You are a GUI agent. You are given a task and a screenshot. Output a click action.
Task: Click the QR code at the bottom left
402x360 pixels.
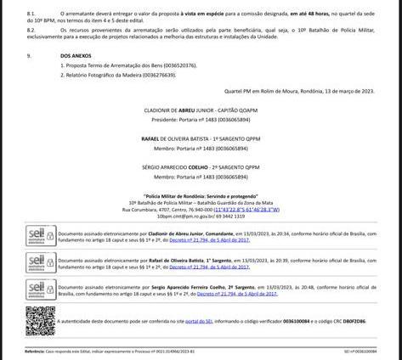point(40,320)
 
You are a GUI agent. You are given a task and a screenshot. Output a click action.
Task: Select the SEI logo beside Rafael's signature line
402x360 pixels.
point(40,262)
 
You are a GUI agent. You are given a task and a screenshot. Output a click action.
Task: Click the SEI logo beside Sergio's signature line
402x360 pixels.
point(40,290)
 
